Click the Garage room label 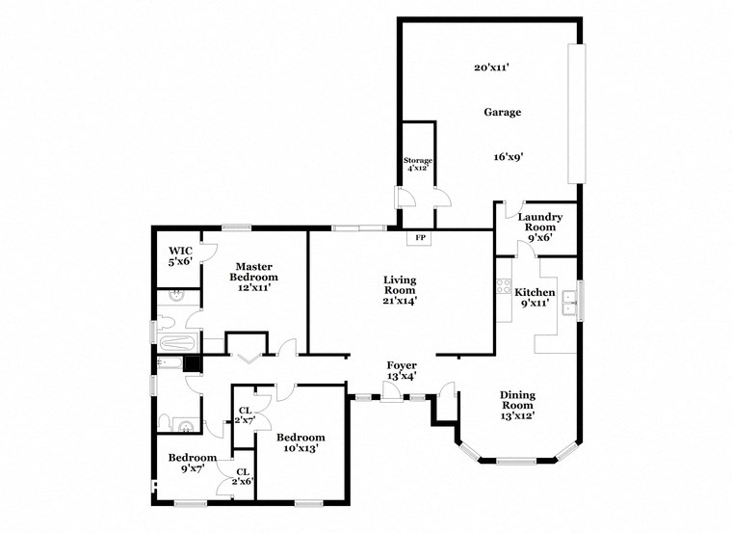pos(502,113)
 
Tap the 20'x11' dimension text pos(491,67)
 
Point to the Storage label pos(418,160)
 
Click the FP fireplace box pos(420,238)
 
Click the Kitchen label pos(535,291)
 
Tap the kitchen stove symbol pos(502,285)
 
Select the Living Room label pos(400,284)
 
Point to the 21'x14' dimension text pos(400,301)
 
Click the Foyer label pos(401,365)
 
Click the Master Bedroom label pos(253,272)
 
